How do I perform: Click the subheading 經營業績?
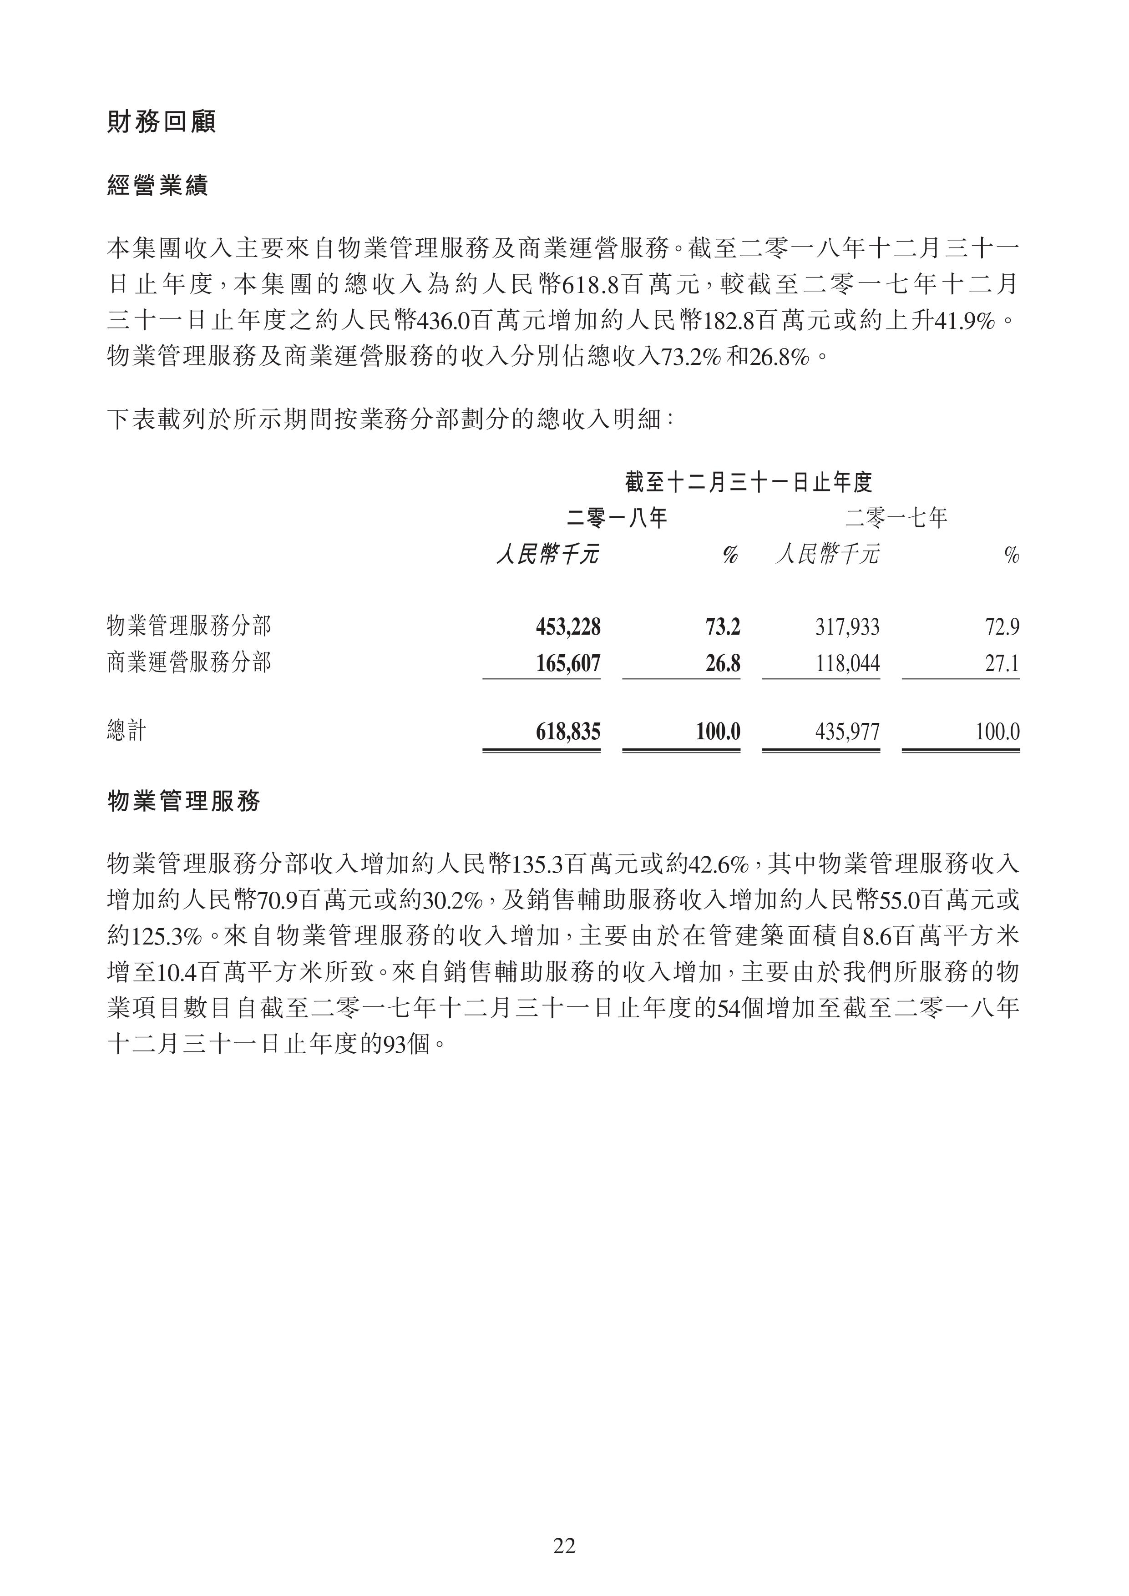[158, 186]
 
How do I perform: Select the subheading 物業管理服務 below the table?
[183, 802]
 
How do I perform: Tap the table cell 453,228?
[567, 627]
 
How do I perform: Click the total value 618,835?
[567, 731]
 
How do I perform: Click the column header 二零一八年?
[617, 518]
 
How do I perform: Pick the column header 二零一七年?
[896, 518]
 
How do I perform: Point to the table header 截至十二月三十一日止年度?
[749, 482]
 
